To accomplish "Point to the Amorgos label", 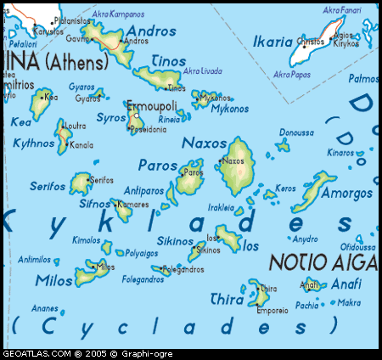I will pyautogui.click(x=347, y=194).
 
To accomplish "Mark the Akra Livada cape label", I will pyautogui.click(x=202, y=70).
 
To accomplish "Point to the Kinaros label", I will pyautogui.click(x=340, y=153).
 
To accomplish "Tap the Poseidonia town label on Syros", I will pyautogui.click(x=148, y=130).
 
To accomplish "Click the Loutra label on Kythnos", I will pyautogui.click(x=76, y=126).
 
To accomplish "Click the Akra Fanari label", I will pyautogui.click(x=341, y=10).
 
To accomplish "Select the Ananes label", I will pyautogui.click(x=44, y=308).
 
